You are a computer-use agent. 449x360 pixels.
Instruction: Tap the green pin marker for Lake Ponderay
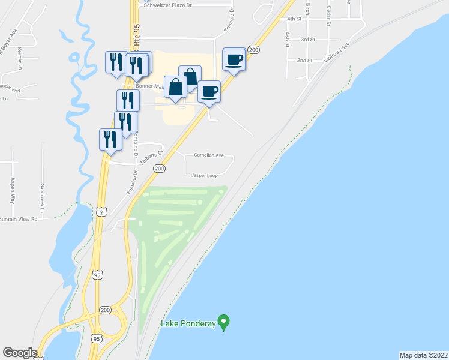(x=223, y=322)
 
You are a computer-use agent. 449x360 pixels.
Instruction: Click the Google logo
(x=20, y=353)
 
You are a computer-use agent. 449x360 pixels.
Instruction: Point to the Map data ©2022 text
(x=423, y=355)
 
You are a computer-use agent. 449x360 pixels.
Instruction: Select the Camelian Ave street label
(x=208, y=155)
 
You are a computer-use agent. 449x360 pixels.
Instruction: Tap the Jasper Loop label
(x=204, y=176)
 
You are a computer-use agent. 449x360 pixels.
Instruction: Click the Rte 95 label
(x=137, y=34)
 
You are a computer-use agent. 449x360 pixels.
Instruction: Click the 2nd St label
(x=304, y=61)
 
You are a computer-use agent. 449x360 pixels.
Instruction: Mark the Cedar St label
(x=329, y=11)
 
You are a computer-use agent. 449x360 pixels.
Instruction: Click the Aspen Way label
(x=12, y=188)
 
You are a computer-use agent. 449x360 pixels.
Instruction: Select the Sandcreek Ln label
(x=42, y=198)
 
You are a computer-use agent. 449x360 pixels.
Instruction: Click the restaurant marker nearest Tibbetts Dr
(x=110, y=139)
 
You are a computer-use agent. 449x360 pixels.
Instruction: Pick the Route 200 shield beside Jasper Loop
(x=158, y=169)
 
